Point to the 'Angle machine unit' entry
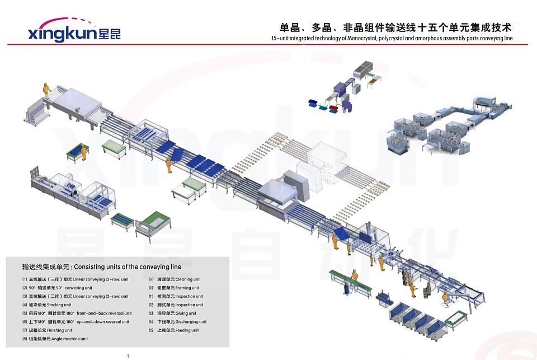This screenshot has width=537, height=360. pos(64,339)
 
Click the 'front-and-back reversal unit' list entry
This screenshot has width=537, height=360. pos(106,314)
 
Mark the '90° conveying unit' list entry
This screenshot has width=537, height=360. pos(69,288)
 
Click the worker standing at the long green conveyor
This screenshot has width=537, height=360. pos(354,278)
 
